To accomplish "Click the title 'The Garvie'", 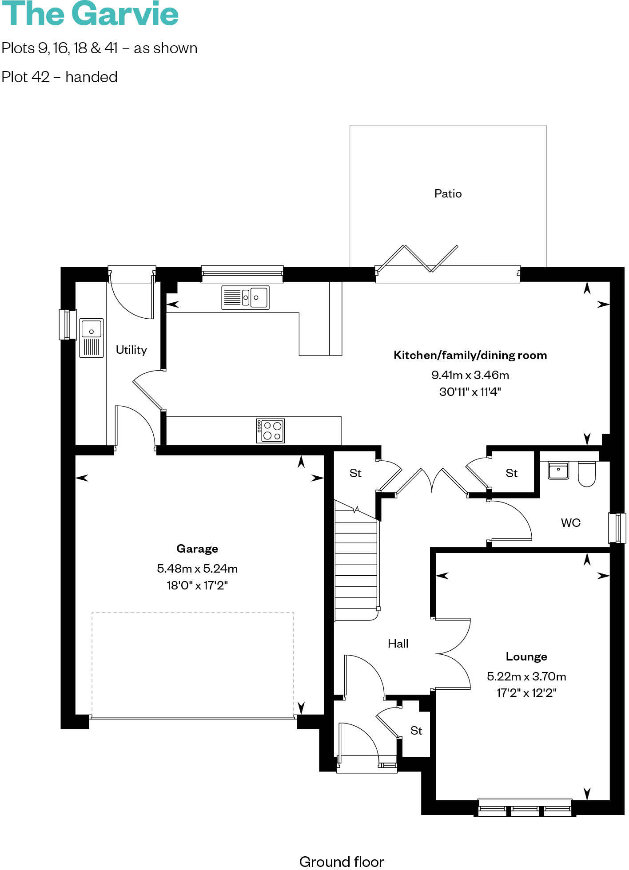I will pyautogui.click(x=90, y=14).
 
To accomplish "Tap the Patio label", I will pyautogui.click(x=448, y=194).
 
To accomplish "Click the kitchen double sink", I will pyautogui.click(x=245, y=297).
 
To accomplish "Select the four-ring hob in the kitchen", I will pyautogui.click(x=270, y=431).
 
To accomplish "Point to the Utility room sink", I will pyautogui.click(x=92, y=338).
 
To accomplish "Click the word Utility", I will pyautogui.click(x=131, y=350).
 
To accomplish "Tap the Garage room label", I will pyautogui.click(x=197, y=549).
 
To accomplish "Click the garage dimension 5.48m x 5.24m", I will pyautogui.click(x=197, y=568).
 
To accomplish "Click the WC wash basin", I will pyautogui.click(x=558, y=471).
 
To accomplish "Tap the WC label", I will pyautogui.click(x=570, y=522).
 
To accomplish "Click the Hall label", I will pyautogui.click(x=398, y=644).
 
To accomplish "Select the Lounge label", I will pyautogui.click(x=526, y=656).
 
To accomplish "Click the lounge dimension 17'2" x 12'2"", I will pyautogui.click(x=526, y=693).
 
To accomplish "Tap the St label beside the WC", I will pyautogui.click(x=511, y=473).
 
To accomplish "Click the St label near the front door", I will pyautogui.click(x=416, y=731).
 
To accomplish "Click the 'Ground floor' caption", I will pyautogui.click(x=341, y=861).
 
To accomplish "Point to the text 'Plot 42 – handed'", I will pyautogui.click(x=60, y=77).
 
